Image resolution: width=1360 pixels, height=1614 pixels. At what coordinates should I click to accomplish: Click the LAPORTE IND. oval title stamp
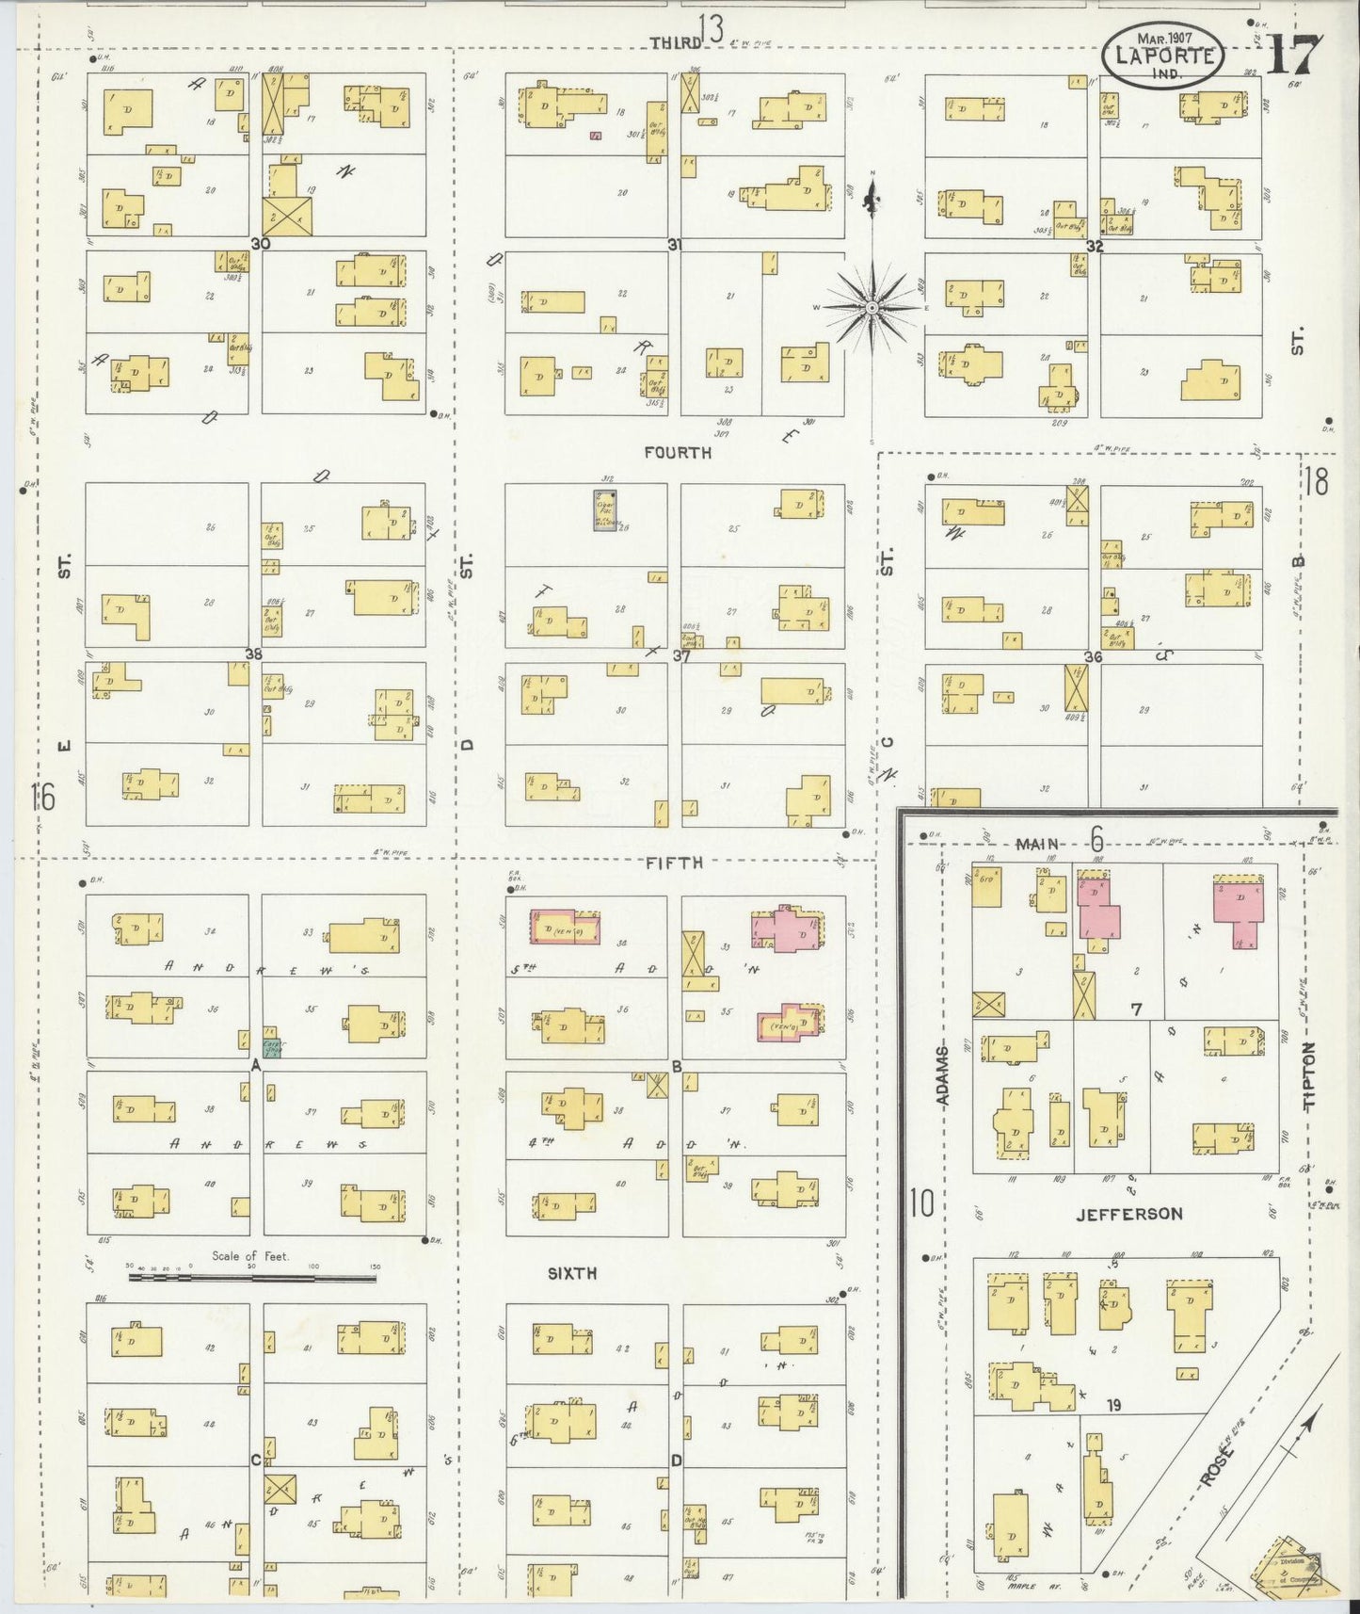pos(1163,56)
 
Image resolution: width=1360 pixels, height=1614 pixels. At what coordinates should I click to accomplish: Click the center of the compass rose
pos(872,308)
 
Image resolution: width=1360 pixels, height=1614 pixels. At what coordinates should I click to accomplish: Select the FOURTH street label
pos(678,453)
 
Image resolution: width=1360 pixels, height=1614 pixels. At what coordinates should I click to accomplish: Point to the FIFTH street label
pos(675,862)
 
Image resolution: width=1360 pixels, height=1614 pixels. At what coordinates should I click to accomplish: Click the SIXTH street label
pos(572,1273)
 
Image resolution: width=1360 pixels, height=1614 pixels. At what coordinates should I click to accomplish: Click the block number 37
pos(681,656)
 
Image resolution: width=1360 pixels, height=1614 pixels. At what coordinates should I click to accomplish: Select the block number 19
pos(1114,1405)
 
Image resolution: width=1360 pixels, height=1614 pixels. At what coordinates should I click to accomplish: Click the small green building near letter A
pos(271,1046)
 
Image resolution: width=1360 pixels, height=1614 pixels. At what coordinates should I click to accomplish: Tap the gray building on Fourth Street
pos(606,509)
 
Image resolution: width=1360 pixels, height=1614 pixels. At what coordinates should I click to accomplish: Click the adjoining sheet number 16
pos(42,797)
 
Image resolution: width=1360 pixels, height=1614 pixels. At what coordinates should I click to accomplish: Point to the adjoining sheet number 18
pos(1316,483)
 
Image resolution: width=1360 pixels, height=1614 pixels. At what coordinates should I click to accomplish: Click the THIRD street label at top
pos(676,42)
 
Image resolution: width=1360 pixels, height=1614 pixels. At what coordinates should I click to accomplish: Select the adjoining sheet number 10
pos(921,1202)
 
